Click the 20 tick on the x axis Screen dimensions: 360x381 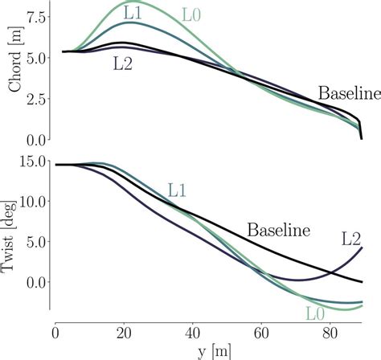(123, 330)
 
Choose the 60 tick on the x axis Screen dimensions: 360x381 (260, 330)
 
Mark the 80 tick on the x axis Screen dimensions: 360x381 (329, 330)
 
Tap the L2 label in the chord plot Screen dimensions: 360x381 (123, 64)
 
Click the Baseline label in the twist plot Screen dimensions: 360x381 (279, 231)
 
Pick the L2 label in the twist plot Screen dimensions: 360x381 (351, 238)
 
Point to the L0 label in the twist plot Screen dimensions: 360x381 (316, 313)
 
